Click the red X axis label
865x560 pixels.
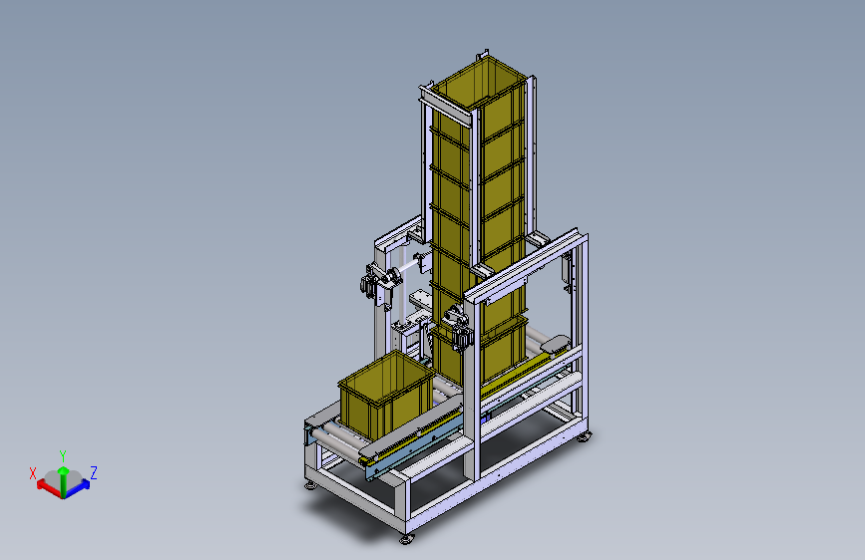click(x=33, y=473)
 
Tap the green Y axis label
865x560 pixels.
click(x=63, y=455)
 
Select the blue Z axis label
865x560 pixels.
click(x=94, y=473)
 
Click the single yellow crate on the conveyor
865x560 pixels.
click(x=386, y=392)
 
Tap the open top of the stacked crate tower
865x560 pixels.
click(x=478, y=83)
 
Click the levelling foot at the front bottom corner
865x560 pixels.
click(x=407, y=538)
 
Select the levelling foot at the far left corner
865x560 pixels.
click(x=310, y=485)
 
